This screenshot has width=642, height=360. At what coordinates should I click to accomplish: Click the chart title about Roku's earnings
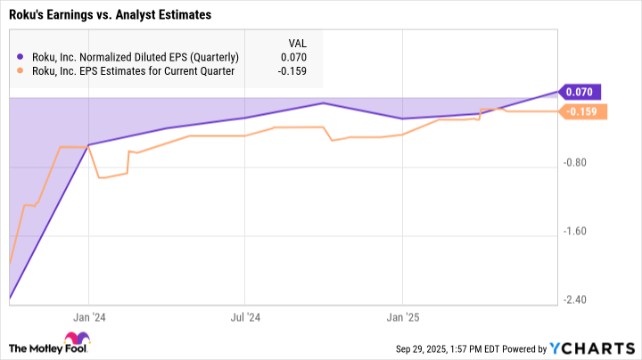pyautogui.click(x=104, y=15)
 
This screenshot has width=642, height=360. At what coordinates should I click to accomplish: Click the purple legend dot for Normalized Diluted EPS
pyautogui.click(x=21, y=58)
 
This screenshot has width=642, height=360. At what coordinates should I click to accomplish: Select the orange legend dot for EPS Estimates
pyautogui.click(x=21, y=71)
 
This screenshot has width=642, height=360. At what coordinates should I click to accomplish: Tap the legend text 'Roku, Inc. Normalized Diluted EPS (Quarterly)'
pyautogui.click(x=135, y=58)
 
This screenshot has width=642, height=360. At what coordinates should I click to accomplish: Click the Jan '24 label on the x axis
pyautogui.click(x=88, y=316)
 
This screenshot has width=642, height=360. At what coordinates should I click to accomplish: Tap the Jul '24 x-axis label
pyautogui.click(x=245, y=316)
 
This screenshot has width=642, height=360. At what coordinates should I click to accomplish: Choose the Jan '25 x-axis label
pyautogui.click(x=402, y=316)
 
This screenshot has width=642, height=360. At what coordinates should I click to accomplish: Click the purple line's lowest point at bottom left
pyautogui.click(x=10, y=298)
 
